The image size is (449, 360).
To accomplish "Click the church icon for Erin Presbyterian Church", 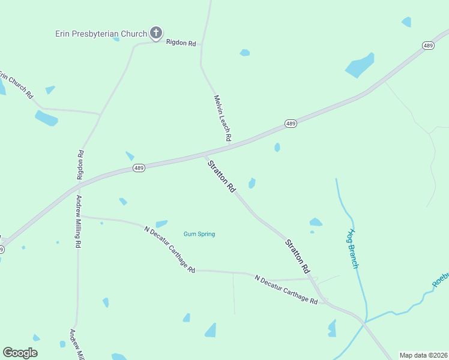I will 156,33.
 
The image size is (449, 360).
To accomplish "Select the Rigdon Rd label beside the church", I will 181,43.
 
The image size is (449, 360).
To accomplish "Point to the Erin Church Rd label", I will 16,85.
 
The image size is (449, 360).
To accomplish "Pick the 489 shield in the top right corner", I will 428,46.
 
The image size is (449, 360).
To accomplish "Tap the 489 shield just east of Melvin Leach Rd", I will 291,124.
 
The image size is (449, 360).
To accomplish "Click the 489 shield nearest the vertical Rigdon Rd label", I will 139,169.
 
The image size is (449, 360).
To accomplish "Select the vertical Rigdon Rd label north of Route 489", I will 80,165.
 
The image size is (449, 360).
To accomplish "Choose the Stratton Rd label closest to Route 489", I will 221,176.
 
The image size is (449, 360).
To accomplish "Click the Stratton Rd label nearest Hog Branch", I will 297,254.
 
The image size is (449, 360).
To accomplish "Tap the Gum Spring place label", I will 199,234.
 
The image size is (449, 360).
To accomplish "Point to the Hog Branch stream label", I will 354,248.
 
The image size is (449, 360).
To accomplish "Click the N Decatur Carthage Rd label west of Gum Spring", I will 170,249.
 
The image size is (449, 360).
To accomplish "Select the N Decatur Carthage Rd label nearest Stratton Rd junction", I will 286,290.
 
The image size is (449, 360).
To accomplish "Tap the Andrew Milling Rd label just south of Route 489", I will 78,221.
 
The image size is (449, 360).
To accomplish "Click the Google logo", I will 20,353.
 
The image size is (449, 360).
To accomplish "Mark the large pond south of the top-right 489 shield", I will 360,65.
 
